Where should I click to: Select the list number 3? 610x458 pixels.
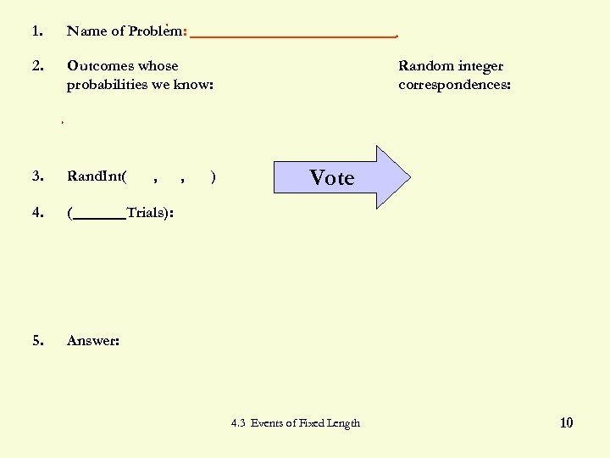pos(36,176)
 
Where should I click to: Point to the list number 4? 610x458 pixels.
pos(36,212)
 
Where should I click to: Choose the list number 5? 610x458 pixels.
pos(36,340)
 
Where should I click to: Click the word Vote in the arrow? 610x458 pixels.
pos(331,177)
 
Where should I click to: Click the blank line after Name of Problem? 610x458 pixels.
pos(293,36)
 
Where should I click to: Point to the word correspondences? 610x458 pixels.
pos(453,85)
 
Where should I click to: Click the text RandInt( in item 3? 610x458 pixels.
pos(97,176)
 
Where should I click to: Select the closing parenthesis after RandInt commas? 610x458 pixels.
pos(213,177)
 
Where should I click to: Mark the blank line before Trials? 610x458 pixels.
pos(99,217)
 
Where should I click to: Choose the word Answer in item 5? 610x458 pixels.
pos(91,340)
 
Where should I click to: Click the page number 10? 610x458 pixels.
pos(566,422)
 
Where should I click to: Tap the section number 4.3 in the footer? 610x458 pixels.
pos(237,423)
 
